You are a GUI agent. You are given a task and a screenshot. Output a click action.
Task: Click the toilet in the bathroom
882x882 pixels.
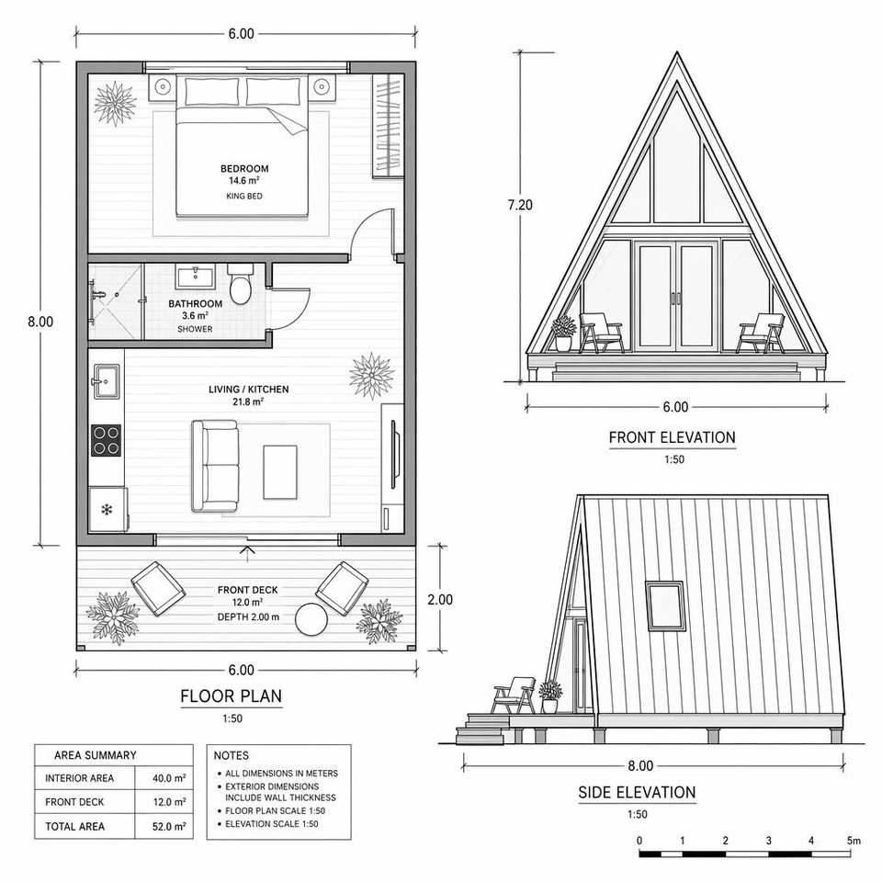pos(241,284)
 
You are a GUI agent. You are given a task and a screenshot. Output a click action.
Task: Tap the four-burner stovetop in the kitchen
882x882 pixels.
pos(107,440)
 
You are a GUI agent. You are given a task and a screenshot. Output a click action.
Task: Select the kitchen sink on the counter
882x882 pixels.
pos(106,380)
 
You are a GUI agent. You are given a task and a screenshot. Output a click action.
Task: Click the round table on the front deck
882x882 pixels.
pos(311,619)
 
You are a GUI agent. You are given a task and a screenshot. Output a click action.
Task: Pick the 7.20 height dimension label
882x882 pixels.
pos(520,205)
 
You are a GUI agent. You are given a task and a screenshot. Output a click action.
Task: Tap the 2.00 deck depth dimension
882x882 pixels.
pos(440,600)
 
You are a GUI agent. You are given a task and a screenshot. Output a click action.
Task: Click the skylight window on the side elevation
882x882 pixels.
pos(665,605)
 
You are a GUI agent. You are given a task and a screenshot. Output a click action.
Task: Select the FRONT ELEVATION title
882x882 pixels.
pos(673,437)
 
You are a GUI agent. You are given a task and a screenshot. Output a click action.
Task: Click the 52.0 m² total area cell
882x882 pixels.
pos(169,826)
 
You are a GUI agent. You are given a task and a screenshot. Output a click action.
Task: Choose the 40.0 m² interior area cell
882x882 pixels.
pos(169,778)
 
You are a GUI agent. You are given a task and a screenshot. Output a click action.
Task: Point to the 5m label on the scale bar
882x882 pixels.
pos(854,841)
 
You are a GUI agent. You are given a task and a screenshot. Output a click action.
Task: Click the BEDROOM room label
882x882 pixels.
pos(244,168)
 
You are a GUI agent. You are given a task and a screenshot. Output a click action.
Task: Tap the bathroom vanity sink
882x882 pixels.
pos(195,277)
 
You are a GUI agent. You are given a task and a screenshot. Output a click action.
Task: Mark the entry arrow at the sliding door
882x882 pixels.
pos(247,552)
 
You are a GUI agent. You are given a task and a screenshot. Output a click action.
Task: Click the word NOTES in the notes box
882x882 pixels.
pos(232,755)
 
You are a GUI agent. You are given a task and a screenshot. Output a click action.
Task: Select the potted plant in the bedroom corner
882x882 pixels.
pos(116,104)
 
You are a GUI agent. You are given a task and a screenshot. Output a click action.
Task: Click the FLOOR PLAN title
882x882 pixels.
pos(232,695)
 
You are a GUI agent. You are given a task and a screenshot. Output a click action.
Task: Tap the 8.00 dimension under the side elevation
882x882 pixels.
pos(640,765)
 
